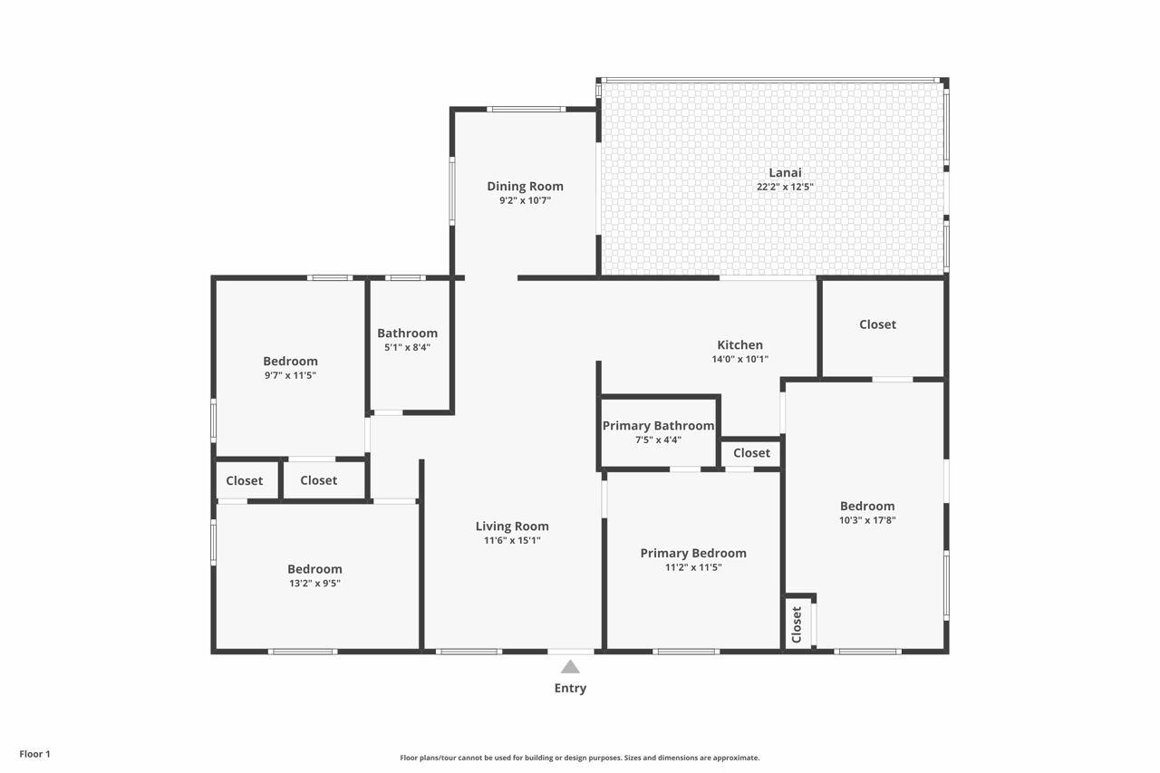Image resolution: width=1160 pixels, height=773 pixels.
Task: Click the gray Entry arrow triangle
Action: coord(570,667)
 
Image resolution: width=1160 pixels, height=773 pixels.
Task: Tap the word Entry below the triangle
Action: coord(570,688)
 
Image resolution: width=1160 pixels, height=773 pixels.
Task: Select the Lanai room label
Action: coord(785,172)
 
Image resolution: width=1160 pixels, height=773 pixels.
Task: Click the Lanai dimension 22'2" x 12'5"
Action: coord(785,187)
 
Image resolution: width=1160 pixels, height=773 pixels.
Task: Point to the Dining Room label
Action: coord(525,187)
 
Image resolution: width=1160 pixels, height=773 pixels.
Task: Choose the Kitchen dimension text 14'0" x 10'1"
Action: coord(740,360)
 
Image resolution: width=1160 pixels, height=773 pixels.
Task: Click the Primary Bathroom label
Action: coord(658,426)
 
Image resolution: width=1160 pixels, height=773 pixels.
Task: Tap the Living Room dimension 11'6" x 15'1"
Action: coord(512,540)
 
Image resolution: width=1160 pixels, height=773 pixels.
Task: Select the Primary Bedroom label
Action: coord(693,553)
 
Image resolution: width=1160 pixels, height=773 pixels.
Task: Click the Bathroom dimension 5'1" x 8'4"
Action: coord(408,347)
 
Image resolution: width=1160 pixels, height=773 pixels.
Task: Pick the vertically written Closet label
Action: coord(797,624)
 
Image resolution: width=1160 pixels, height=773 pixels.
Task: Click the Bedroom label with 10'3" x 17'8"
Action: coord(867,506)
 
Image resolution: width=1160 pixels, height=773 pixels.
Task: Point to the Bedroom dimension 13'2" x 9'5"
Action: coord(314,584)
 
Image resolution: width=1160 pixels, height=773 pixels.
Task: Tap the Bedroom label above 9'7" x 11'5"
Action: coord(291,361)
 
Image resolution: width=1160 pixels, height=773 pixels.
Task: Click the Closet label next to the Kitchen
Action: coord(878,324)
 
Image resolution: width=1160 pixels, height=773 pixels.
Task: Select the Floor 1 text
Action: coord(34,754)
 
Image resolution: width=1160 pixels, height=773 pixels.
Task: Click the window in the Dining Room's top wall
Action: coord(527,110)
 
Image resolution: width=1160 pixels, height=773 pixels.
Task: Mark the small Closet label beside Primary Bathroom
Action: coord(752,453)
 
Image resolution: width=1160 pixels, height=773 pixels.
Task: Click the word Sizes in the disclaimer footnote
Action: coord(633,758)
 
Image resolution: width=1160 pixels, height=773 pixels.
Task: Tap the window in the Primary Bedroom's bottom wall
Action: coord(686,652)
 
